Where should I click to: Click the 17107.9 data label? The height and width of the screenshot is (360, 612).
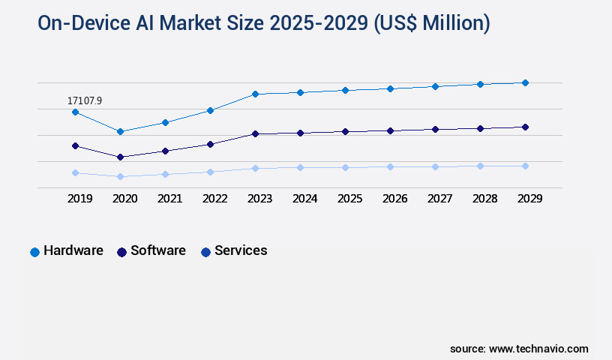tap(85, 100)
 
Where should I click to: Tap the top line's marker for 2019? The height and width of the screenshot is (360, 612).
tap(75, 112)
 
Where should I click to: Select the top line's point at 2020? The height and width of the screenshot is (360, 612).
tap(120, 131)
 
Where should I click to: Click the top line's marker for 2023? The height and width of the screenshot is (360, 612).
tap(255, 94)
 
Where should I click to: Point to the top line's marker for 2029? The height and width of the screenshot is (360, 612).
tap(525, 82)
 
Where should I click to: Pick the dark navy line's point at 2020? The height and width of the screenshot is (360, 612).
tap(120, 157)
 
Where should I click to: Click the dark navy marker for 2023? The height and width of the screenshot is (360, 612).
tap(255, 133)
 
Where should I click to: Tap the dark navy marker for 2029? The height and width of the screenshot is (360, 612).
tap(525, 127)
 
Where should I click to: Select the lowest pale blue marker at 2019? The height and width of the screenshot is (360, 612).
tap(75, 172)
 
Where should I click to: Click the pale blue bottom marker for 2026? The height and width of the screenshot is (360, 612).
tap(390, 166)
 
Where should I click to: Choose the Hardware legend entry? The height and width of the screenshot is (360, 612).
tap(66, 251)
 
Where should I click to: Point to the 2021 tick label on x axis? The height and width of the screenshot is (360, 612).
tap(169, 199)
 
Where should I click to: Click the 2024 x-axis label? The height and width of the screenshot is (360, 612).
tap(304, 199)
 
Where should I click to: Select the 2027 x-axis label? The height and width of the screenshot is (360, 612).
tap(439, 199)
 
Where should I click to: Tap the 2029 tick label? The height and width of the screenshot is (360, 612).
tap(529, 199)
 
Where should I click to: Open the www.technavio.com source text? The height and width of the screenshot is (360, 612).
tap(538, 349)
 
